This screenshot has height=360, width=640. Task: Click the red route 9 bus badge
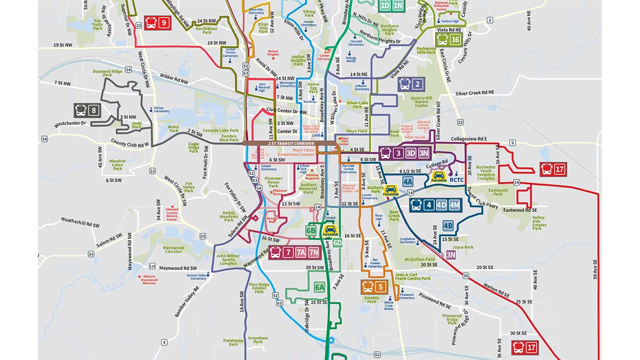157,23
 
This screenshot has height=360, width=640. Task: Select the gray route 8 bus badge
87,111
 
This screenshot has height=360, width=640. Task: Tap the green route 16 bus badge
448,40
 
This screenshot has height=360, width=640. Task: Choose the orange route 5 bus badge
374,287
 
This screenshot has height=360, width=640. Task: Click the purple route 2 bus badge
411,84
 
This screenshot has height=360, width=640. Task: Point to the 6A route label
319,287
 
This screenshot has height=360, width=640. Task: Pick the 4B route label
448,225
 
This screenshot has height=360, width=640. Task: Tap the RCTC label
458,180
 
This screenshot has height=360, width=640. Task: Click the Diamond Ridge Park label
107,73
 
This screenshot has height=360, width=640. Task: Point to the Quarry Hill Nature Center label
422,102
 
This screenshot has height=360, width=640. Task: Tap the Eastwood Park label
498,191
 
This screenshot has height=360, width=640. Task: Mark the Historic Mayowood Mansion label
149,279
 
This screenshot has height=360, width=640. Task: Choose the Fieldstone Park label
233,342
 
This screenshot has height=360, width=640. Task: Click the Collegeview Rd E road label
469,139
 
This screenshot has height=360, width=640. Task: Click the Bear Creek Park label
394,217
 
